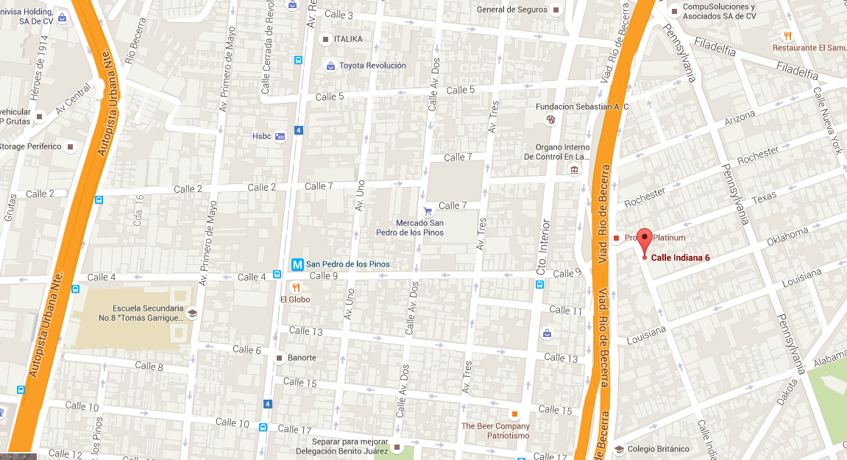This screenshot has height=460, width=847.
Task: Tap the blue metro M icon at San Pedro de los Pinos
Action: [298, 263]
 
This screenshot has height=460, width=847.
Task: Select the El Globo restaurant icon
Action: [295, 287]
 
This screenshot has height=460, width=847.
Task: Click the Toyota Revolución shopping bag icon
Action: [331, 66]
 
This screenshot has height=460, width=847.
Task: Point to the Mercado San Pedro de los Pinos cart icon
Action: [428, 211]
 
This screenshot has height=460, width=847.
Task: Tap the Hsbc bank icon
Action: [280, 136]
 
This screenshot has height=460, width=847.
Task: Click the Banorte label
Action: [302, 358]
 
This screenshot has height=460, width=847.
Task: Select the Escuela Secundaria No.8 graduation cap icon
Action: [192, 313]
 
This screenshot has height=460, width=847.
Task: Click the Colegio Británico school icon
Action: [619, 449]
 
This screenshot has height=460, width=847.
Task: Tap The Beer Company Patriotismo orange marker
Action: [515, 414]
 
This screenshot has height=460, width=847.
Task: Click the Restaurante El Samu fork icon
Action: [787, 35]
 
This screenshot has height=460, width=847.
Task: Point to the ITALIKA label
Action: [348, 39]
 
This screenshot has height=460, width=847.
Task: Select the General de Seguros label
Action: [512, 10]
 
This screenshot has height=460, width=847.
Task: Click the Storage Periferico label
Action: [30, 146]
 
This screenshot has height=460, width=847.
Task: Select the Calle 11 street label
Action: [565, 310]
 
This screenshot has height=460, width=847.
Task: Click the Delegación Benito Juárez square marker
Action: [397, 447]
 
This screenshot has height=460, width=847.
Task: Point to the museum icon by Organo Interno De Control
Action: [574, 171]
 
